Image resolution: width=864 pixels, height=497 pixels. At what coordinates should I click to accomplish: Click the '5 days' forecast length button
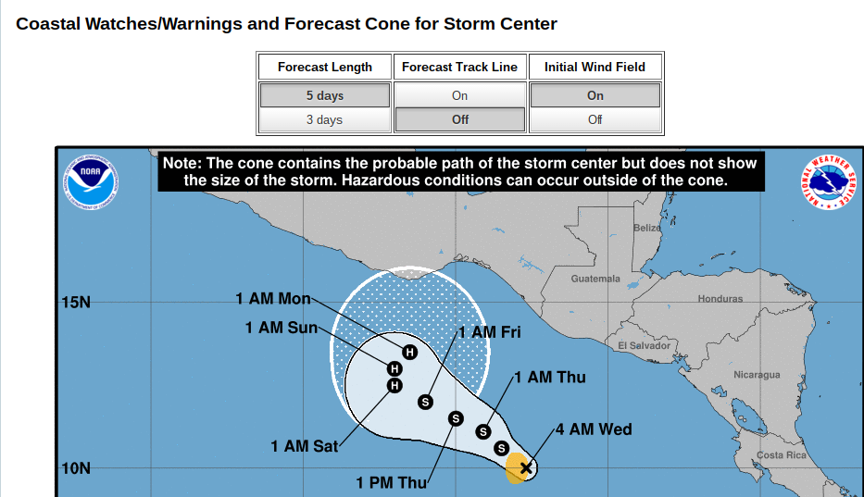(324, 95)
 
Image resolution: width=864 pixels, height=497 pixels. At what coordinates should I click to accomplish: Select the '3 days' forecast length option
(324, 119)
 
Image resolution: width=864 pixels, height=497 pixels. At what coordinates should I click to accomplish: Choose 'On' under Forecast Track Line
(459, 95)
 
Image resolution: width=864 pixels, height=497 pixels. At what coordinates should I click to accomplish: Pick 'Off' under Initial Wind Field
(595, 119)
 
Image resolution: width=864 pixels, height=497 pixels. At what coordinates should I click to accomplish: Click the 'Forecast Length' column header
(324, 67)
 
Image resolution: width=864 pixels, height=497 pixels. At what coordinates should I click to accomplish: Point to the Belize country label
(647, 228)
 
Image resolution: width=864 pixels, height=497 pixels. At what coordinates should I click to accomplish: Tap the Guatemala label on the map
(595, 279)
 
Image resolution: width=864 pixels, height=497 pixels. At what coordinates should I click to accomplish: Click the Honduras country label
(720, 299)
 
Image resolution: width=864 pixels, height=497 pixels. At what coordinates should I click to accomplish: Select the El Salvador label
(644, 345)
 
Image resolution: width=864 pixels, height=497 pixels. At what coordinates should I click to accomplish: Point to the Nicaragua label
(757, 375)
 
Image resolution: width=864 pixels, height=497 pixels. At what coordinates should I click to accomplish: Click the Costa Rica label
(782, 455)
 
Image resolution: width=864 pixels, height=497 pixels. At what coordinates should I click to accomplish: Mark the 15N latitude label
(76, 303)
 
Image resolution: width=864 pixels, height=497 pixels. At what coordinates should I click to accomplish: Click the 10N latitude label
(76, 468)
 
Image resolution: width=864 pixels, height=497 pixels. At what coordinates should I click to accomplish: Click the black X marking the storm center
(526, 468)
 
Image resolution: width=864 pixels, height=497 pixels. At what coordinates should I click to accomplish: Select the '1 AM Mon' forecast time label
(273, 299)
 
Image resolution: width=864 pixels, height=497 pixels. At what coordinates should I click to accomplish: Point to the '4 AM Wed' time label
(594, 429)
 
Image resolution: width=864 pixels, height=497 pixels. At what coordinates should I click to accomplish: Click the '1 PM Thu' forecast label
(392, 483)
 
